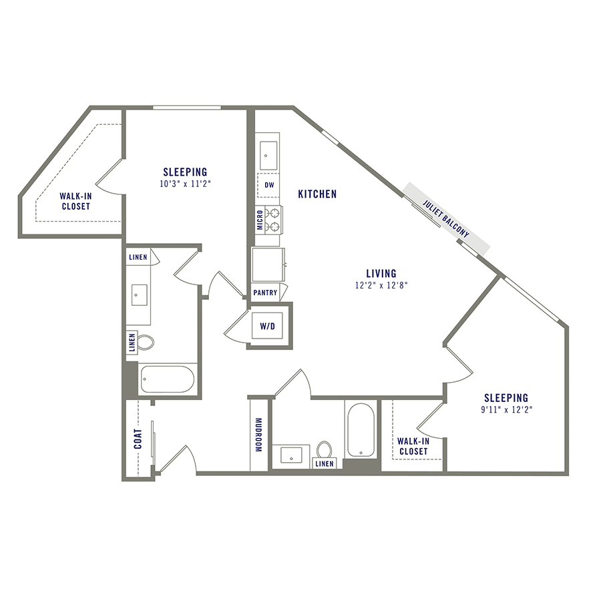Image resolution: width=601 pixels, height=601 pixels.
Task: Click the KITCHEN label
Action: point(317,194)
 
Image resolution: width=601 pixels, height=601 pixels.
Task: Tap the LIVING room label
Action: point(381,273)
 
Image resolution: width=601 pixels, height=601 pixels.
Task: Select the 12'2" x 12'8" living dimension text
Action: point(381,285)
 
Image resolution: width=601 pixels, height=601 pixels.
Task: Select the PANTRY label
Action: point(265,292)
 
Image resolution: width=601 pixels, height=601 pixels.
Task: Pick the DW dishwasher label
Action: point(269,185)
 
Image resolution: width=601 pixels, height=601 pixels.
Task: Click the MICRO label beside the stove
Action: point(260,220)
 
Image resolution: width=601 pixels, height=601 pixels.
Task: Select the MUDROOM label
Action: point(258,435)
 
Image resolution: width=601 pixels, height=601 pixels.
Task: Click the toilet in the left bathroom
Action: point(146,343)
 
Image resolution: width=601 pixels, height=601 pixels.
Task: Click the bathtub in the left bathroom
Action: point(167,379)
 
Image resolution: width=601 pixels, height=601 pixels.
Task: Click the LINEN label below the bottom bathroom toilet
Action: point(325,463)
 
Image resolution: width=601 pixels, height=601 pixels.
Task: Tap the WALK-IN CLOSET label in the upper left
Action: point(75,201)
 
